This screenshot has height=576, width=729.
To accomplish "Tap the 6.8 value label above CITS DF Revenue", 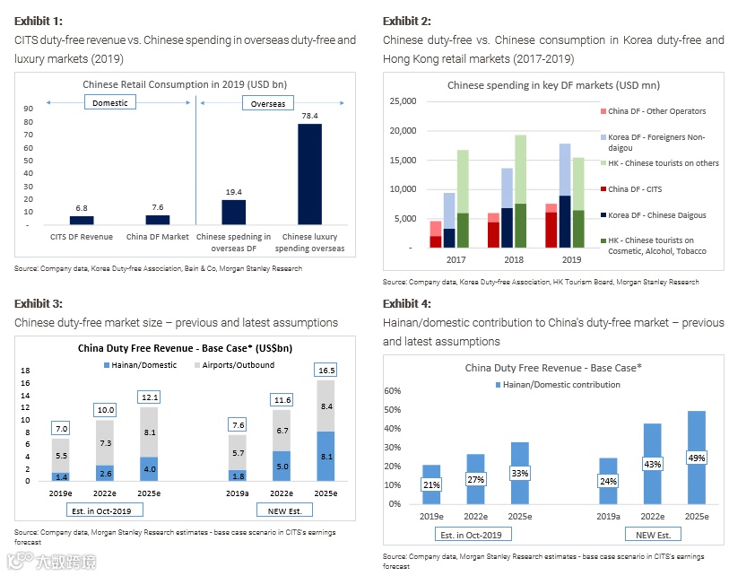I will pos(82,207).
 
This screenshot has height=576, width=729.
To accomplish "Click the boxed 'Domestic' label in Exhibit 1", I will pos(110,103).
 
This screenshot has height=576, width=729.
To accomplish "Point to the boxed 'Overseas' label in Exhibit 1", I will pos(265,104).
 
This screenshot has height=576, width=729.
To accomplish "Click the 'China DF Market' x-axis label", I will pos(157,237).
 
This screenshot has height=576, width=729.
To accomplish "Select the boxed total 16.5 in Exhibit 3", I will pos(325,371).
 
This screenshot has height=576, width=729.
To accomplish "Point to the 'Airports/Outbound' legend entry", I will pos(237,365).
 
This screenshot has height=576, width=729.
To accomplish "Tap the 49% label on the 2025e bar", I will pos(697,458).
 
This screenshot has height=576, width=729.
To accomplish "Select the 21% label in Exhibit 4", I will pos(431,485).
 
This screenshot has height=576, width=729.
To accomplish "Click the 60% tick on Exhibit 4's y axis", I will pos(393,391).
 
